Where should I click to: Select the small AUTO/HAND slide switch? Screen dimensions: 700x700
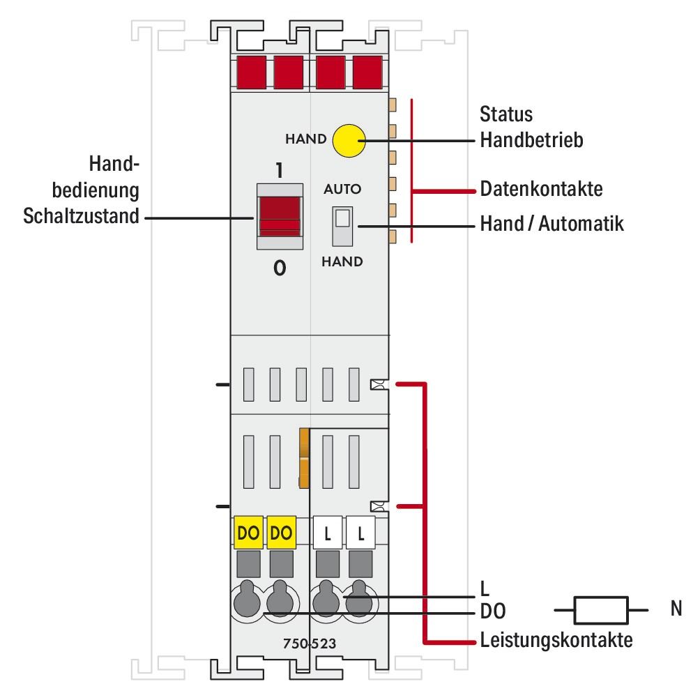(342, 225)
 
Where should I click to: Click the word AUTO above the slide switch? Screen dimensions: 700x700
(343, 189)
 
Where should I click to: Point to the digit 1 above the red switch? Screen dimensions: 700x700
(279, 171)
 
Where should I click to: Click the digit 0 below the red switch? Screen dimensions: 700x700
(279, 269)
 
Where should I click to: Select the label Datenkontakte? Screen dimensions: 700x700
(541, 189)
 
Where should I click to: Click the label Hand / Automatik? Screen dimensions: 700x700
(551, 225)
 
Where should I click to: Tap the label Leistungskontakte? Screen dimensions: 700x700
(556, 640)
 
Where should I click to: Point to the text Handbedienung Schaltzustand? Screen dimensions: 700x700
(82, 190)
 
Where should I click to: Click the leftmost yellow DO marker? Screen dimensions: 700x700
(249, 534)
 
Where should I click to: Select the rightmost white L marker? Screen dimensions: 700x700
(360, 534)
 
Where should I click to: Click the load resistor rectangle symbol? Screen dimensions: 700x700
(600, 611)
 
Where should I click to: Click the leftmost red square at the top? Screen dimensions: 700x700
(250, 73)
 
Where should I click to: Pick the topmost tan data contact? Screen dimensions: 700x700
(392, 105)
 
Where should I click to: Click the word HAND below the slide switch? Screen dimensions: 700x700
(342, 262)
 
